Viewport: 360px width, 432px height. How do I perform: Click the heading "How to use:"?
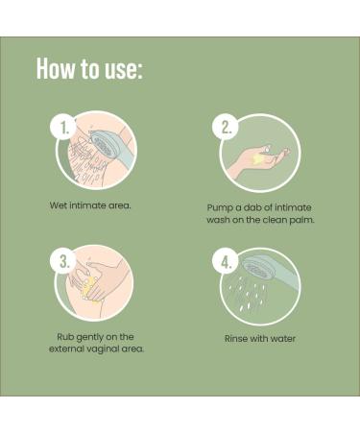point(89,68)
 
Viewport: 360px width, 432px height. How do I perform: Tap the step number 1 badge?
point(64,128)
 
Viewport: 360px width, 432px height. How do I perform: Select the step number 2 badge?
point(227,128)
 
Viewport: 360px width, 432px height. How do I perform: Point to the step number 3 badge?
point(64,261)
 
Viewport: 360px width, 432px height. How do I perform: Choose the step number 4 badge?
point(227,262)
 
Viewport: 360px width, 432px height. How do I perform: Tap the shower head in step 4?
point(256,269)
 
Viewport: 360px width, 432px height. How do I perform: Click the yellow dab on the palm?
point(257,159)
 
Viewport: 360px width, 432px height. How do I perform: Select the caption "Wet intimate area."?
point(90,205)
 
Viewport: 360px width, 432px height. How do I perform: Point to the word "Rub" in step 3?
point(65,337)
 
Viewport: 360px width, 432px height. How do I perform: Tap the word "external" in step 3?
point(65,348)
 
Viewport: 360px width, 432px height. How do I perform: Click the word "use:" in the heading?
point(124,70)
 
